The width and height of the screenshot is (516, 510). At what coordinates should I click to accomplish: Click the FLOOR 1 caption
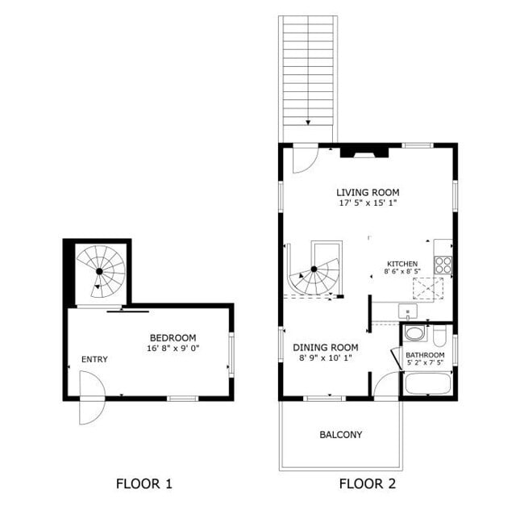(144, 484)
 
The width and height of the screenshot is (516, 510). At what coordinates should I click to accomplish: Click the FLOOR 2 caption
(367, 484)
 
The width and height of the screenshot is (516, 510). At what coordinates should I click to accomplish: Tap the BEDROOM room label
(173, 337)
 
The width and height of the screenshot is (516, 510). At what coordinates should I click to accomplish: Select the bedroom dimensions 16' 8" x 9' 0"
(173, 349)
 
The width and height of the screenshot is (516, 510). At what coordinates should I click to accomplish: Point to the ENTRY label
(94, 359)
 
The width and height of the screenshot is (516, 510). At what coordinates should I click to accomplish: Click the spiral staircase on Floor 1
(100, 271)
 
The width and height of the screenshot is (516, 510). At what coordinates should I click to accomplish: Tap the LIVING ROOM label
(368, 192)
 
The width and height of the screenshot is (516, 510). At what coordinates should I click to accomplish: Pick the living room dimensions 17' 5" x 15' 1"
(368, 203)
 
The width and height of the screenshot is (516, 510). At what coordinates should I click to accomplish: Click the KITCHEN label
(402, 264)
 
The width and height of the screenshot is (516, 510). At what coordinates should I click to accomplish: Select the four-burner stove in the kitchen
(443, 264)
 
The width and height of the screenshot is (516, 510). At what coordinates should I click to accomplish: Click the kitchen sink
(409, 311)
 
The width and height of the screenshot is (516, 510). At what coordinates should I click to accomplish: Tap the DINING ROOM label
(326, 348)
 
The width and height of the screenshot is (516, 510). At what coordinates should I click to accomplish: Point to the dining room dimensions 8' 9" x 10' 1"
(326, 359)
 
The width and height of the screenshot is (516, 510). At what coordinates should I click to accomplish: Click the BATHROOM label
(425, 354)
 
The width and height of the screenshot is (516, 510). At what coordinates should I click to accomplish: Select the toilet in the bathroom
(439, 335)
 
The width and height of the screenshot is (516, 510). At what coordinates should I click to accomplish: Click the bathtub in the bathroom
(427, 382)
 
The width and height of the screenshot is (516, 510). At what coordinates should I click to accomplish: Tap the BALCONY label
(340, 434)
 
